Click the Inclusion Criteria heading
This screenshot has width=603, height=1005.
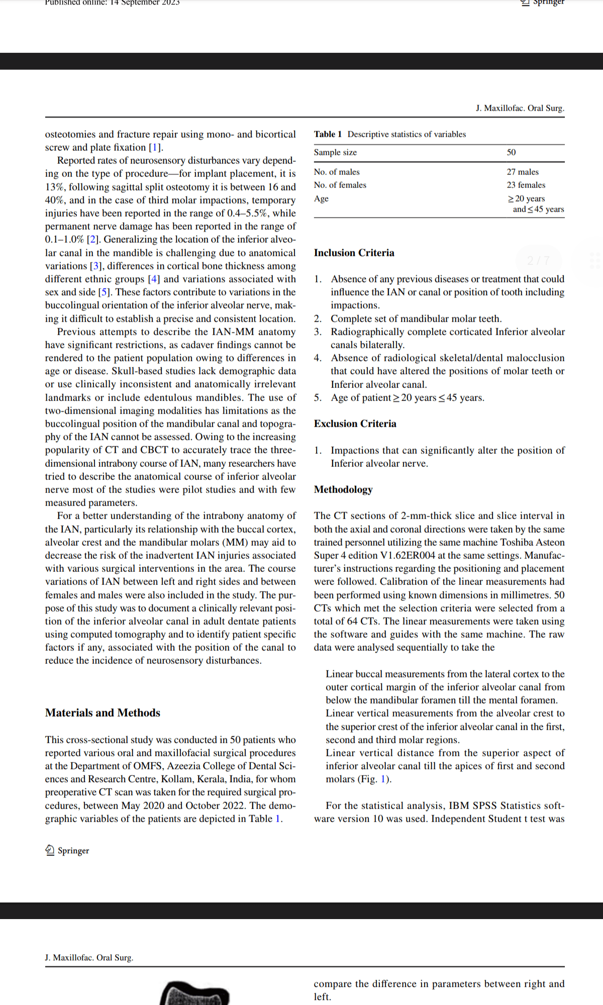[x=354, y=253]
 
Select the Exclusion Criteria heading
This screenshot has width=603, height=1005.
[x=355, y=424]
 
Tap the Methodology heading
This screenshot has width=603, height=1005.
[x=343, y=489]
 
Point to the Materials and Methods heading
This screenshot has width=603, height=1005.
[x=103, y=713]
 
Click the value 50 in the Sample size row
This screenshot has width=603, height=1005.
[x=511, y=152]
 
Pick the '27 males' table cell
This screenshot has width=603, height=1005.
[x=522, y=172]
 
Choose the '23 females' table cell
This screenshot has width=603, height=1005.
[x=526, y=185]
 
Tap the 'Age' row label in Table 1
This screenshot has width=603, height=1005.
[x=321, y=198]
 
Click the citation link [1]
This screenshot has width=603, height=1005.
[x=155, y=147]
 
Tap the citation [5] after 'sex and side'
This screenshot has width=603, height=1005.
[x=104, y=292]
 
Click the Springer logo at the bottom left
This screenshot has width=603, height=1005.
[x=67, y=850]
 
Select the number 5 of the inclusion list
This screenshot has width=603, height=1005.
[x=318, y=397]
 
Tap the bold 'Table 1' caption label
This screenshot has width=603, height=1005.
[x=328, y=134]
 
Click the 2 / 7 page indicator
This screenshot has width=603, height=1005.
[x=538, y=260]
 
